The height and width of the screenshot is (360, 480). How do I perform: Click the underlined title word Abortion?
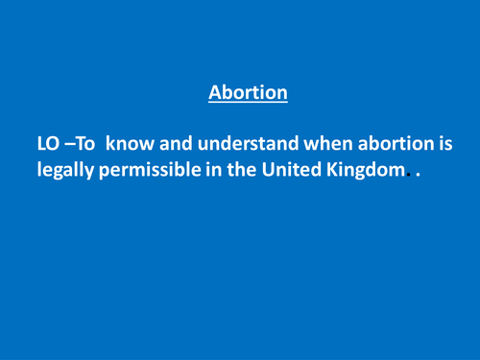(x=248, y=93)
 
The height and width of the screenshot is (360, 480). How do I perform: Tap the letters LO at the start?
(x=49, y=145)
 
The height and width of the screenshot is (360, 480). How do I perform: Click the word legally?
(x=66, y=177)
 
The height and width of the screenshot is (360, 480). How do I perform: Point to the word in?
(x=218, y=177)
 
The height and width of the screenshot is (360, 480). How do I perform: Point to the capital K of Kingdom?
(x=339, y=177)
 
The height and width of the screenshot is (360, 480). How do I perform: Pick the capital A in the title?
(x=215, y=93)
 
